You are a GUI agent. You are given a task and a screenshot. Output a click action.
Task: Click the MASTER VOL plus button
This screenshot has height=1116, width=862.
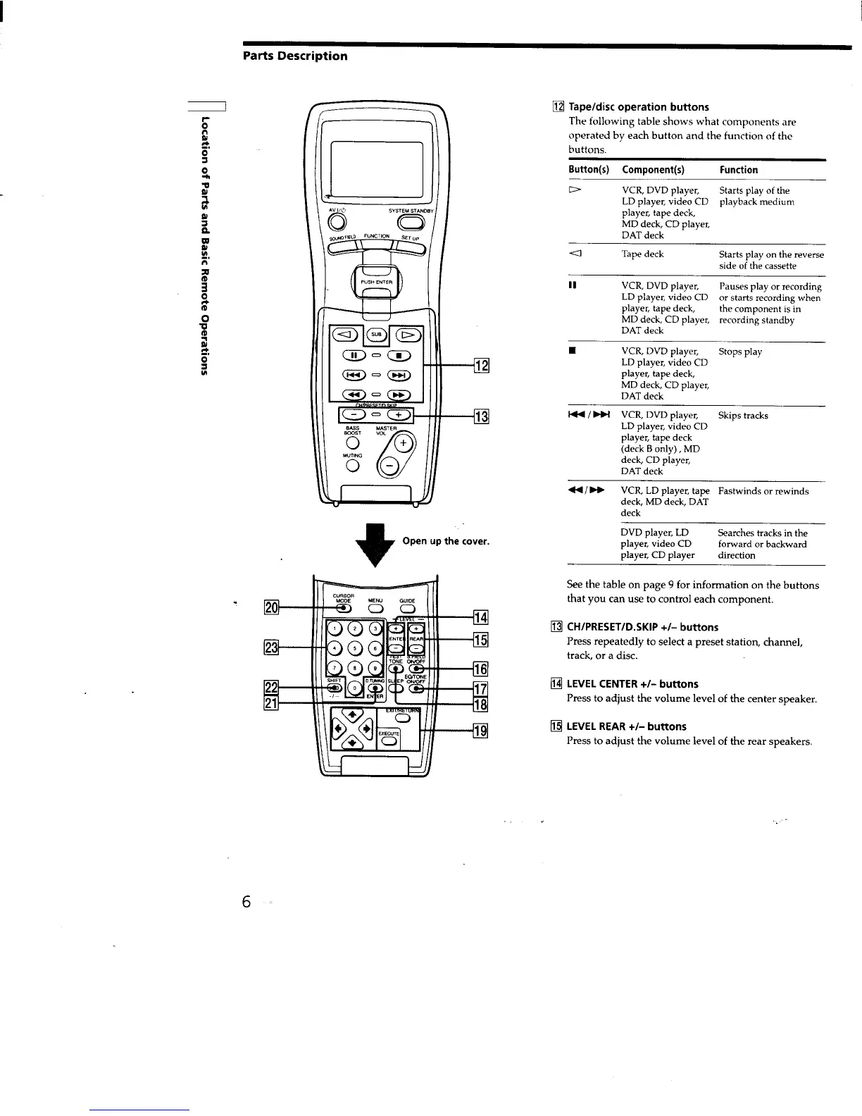tap(404, 443)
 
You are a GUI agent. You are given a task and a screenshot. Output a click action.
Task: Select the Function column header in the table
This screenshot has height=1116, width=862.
tap(738, 170)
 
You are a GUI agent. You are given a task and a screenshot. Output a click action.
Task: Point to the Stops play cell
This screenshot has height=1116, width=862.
tap(739, 352)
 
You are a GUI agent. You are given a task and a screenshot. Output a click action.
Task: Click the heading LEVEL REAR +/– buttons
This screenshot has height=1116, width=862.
tap(626, 726)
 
